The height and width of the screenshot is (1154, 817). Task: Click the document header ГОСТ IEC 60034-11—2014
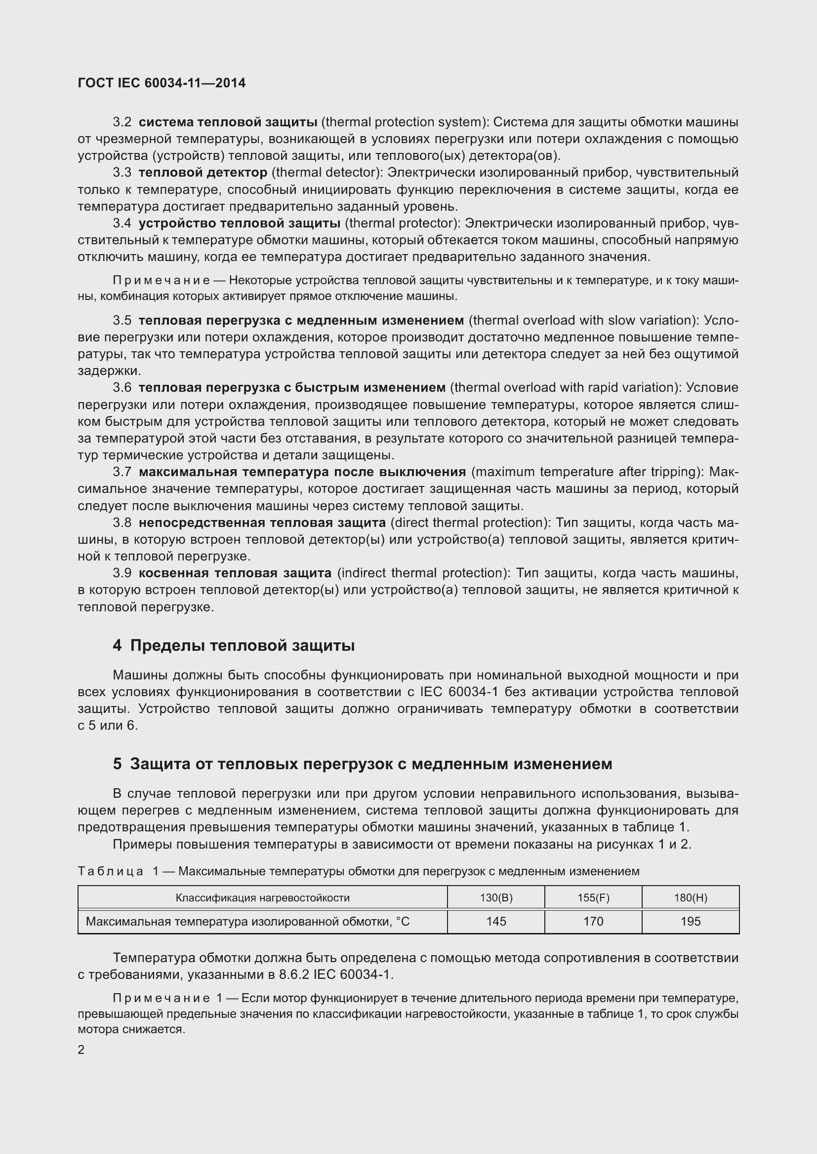click(x=162, y=83)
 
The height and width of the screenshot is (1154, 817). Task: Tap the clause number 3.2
click(x=122, y=122)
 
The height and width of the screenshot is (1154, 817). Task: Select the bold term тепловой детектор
click(x=203, y=172)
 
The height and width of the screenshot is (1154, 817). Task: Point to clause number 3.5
click(x=122, y=320)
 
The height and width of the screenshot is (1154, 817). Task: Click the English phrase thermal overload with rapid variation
click(x=564, y=387)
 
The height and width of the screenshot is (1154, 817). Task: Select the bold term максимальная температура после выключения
click(x=302, y=472)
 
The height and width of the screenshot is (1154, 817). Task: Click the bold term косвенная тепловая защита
click(x=235, y=573)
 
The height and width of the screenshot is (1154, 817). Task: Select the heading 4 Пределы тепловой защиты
click(x=234, y=645)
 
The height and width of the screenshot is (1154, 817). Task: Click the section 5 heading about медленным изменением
click(x=362, y=764)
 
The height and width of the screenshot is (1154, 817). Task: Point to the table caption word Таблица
click(x=110, y=871)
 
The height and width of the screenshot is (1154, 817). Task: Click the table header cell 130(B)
click(x=496, y=897)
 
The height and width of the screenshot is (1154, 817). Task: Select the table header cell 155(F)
click(x=593, y=897)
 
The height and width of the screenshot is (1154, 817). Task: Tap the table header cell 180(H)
click(x=690, y=897)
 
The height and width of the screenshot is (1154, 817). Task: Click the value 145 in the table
click(x=496, y=921)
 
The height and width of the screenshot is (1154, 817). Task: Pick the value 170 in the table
click(x=593, y=921)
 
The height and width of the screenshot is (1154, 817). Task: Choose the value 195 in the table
click(x=690, y=921)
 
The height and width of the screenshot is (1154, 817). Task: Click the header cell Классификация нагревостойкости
click(x=262, y=897)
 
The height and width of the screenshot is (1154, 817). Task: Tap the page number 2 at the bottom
click(x=82, y=1050)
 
